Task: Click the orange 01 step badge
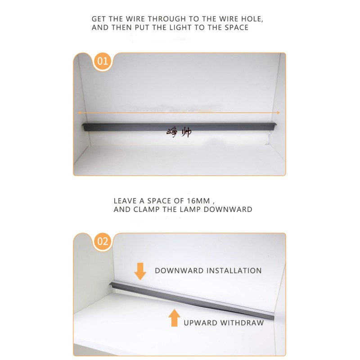103,61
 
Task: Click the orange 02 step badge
103,242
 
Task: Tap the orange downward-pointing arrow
140,271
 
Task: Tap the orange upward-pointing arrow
174,318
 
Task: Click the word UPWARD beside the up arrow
200,323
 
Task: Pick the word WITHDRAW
242,323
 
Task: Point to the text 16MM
198,201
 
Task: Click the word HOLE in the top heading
252,19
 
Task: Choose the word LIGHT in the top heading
180,27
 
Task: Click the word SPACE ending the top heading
237,27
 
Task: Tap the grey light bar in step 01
179,126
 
